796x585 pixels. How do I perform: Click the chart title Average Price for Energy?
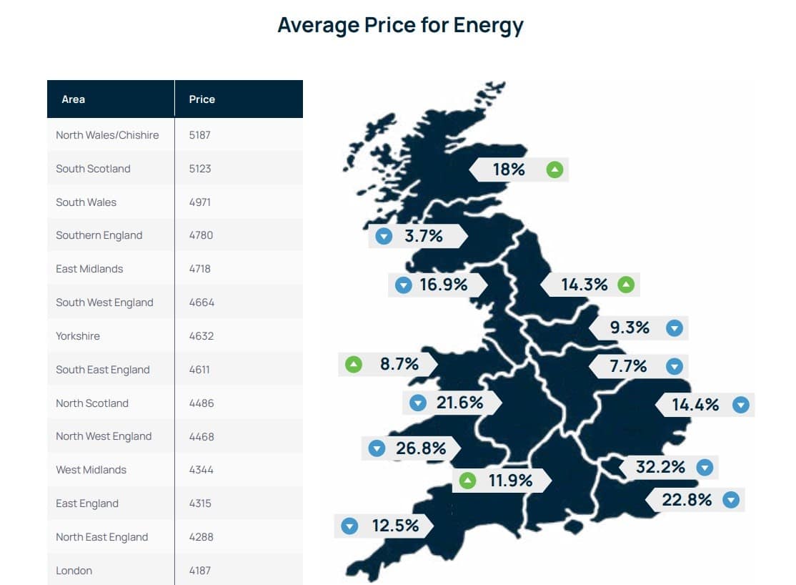click(400, 26)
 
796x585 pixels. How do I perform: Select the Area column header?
click(74, 99)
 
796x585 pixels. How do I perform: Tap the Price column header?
click(202, 99)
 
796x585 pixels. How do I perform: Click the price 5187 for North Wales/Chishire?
click(200, 135)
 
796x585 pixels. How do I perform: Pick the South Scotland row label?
click(93, 169)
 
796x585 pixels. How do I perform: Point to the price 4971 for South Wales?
click(201, 202)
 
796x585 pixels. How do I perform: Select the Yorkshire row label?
click(78, 336)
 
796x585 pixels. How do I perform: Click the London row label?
click(74, 571)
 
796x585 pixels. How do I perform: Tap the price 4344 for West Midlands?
click(201, 470)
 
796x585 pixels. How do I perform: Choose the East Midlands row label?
click(89, 269)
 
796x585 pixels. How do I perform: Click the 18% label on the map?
click(509, 169)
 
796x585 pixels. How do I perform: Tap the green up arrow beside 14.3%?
click(626, 285)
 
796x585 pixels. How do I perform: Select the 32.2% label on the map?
click(660, 467)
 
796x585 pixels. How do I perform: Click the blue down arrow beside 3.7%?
click(384, 236)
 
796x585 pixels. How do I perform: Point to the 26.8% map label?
click(421, 448)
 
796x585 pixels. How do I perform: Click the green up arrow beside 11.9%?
click(467, 481)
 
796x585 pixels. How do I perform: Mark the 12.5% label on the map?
click(395, 526)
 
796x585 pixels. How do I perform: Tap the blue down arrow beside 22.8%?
click(730, 500)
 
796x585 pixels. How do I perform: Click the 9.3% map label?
click(630, 328)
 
